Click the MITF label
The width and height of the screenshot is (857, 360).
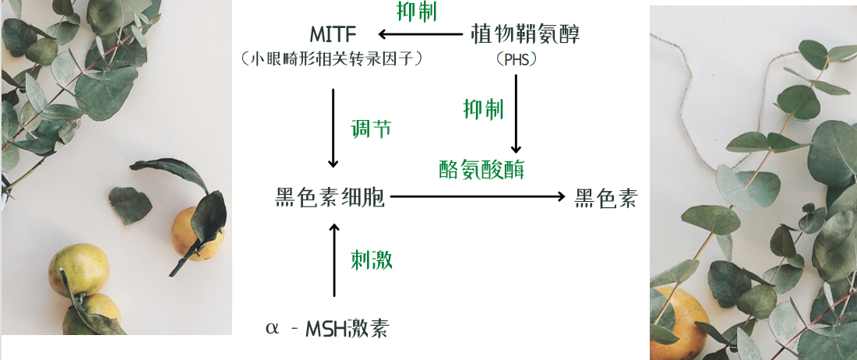click(x=333, y=34)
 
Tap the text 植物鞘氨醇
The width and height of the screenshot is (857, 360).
click(x=525, y=34)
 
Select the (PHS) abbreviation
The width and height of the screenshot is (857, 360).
click(x=516, y=59)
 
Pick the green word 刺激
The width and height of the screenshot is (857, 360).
click(x=372, y=260)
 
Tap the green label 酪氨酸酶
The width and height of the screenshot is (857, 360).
click(x=481, y=169)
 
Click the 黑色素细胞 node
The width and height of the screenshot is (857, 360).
click(x=330, y=197)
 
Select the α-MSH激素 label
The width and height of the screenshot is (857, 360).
click(x=327, y=329)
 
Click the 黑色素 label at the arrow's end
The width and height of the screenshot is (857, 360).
click(x=605, y=197)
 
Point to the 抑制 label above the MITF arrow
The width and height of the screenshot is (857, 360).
click(x=417, y=12)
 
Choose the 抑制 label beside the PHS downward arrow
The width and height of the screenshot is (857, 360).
click(x=483, y=109)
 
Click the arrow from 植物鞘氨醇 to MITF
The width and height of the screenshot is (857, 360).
click(x=420, y=34)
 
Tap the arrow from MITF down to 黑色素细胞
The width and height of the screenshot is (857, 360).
click(x=333, y=128)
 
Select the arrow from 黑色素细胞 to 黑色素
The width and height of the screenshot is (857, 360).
click(x=478, y=196)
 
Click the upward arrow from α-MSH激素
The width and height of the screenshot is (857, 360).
click(x=334, y=259)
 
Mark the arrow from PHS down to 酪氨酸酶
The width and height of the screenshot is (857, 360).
click(x=516, y=114)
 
